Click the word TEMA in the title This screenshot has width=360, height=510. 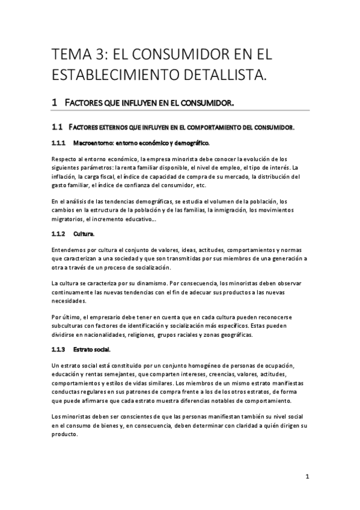tap(71, 55)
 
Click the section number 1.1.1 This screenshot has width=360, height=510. tap(58, 144)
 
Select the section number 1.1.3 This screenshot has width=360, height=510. tap(58, 349)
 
